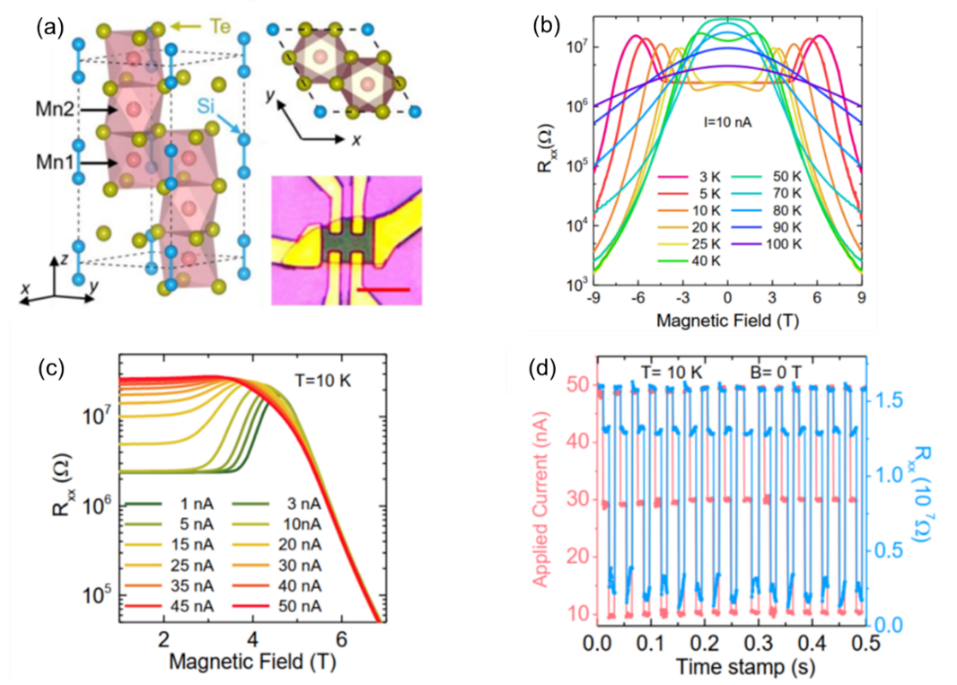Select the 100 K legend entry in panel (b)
coord(803,243)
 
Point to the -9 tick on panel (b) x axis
coord(593,297)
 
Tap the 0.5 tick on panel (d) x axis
coord(858,644)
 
